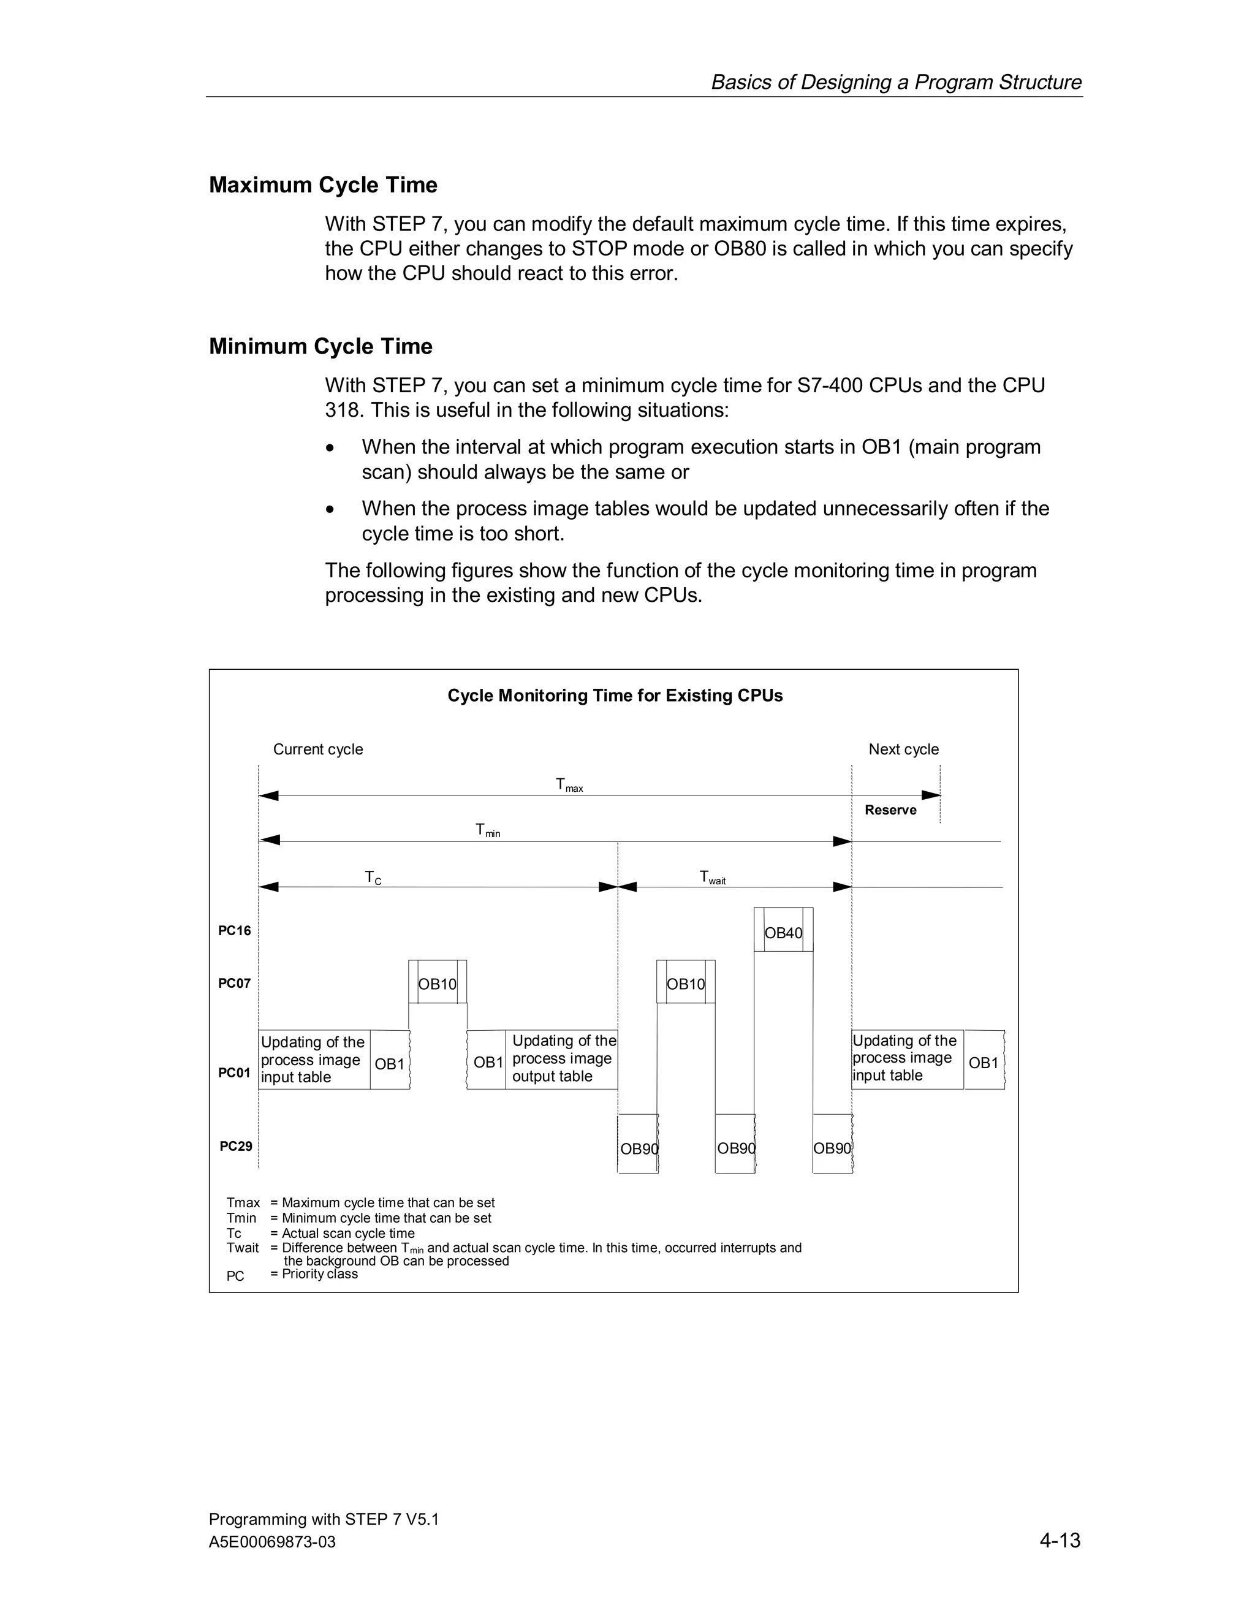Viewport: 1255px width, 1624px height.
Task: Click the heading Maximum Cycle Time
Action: click(x=323, y=185)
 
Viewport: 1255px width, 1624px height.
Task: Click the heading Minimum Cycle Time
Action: click(x=320, y=346)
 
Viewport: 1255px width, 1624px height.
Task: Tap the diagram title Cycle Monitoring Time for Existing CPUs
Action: click(x=615, y=696)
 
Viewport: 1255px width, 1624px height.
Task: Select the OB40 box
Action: click(x=783, y=933)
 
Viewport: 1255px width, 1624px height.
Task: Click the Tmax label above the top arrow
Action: click(x=569, y=785)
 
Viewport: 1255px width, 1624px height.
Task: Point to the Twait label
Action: click(x=711, y=878)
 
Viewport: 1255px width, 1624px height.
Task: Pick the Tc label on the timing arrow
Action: click(x=373, y=878)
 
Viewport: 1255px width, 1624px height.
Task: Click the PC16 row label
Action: click(x=234, y=931)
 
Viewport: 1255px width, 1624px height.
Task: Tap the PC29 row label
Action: click(x=236, y=1147)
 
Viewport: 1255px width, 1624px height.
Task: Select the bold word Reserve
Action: click(x=890, y=811)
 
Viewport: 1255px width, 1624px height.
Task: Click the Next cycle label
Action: click(x=903, y=749)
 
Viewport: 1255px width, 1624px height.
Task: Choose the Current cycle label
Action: click(x=317, y=749)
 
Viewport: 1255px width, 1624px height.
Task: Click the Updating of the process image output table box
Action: click(x=563, y=1059)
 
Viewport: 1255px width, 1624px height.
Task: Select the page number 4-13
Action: click(x=1060, y=1540)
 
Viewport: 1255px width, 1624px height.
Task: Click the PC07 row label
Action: click(x=234, y=984)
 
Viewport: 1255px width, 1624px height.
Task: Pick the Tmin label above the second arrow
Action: click(x=487, y=830)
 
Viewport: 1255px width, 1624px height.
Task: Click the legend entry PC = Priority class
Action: click(x=292, y=1275)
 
